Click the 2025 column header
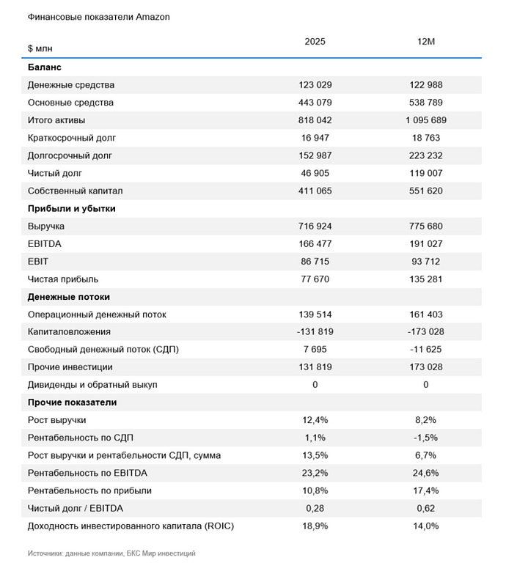tap(315, 42)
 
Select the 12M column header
tap(426, 42)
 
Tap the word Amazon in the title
tap(153, 17)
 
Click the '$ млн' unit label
tap(40, 48)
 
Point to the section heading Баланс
tap(45, 67)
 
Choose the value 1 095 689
tap(426, 120)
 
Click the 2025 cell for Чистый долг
tap(315, 173)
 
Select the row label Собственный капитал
tap(75, 191)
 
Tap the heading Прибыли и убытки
tap(71, 209)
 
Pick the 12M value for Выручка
tap(426, 227)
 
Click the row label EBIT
tap(37, 262)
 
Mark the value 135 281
tap(426, 279)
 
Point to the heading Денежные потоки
tap(69, 297)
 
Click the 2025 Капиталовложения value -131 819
tap(315, 332)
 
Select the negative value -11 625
tap(426, 350)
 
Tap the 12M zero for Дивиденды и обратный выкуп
tap(426, 385)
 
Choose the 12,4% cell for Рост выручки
tap(315, 420)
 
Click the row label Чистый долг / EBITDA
tap(76, 509)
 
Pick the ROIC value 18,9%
tap(315, 526)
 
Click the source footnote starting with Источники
tap(111, 553)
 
